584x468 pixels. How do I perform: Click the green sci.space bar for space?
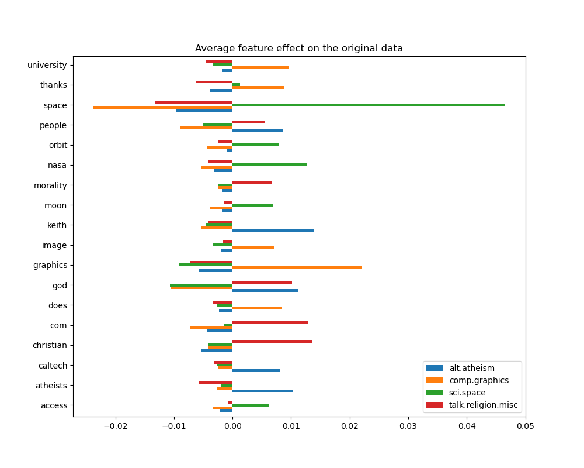point(368,105)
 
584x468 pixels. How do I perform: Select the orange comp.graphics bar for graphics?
point(297,267)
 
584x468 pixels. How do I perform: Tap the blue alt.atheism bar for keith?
point(273,230)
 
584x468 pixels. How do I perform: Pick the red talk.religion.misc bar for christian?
point(272,342)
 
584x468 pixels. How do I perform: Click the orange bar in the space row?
point(163,108)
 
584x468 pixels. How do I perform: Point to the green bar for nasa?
point(269,164)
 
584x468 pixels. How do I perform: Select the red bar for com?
point(270,322)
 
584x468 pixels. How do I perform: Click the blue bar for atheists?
point(262,390)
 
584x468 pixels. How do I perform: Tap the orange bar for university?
point(260,67)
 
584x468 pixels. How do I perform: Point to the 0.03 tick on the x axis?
point(408,425)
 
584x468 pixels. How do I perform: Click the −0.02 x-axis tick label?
point(115,425)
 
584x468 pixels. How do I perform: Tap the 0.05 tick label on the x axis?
point(525,425)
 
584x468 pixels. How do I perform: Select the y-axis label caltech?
point(53,366)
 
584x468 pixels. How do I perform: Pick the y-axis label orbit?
point(58,145)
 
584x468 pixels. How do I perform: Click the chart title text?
point(298,49)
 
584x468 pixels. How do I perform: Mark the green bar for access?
point(250,405)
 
